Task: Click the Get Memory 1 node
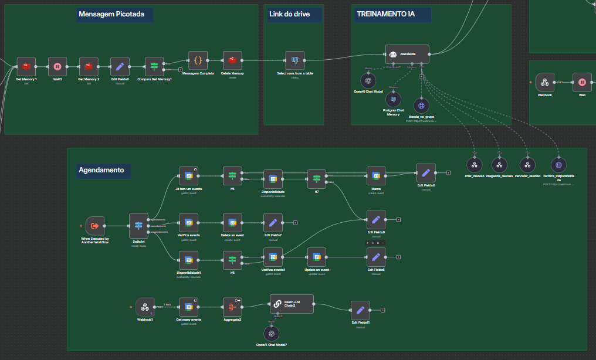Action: (x=26, y=67)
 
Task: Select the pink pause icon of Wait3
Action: (x=57, y=67)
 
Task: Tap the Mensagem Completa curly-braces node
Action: (x=198, y=60)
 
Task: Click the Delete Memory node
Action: (x=232, y=60)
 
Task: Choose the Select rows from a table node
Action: (x=295, y=60)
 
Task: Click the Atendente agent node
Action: (x=407, y=54)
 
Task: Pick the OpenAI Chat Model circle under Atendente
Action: (x=368, y=80)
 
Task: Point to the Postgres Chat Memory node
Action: (x=393, y=99)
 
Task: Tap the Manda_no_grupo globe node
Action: (x=421, y=106)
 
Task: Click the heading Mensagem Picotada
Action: (x=116, y=14)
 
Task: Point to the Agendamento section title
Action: (x=101, y=171)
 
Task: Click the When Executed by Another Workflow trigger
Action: (x=95, y=226)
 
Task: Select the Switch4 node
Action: (x=138, y=226)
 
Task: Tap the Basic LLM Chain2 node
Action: (x=292, y=304)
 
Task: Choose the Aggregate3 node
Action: (x=232, y=307)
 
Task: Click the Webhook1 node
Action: (x=145, y=307)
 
